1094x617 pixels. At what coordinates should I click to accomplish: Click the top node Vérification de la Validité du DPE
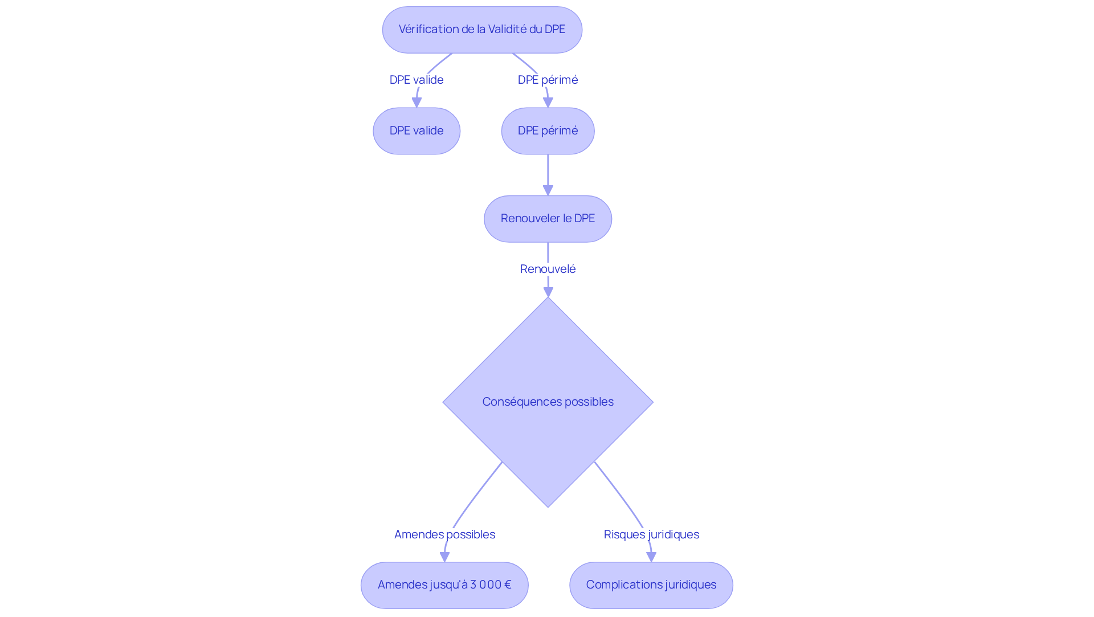click(x=482, y=30)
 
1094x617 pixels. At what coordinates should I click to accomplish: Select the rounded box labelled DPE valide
click(x=417, y=131)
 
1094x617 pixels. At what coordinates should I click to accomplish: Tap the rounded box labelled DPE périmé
click(x=548, y=131)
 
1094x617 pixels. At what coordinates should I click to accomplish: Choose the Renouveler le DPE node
click(x=548, y=219)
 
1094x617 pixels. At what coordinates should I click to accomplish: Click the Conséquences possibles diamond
click(x=548, y=402)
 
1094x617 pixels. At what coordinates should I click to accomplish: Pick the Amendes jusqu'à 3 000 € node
click(x=444, y=585)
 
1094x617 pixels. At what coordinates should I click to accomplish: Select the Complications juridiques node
click(x=651, y=585)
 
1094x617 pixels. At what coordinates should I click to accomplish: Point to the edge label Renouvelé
click(x=548, y=269)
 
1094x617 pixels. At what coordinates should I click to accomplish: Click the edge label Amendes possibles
click(x=444, y=534)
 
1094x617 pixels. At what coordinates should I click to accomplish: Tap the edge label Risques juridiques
click(x=651, y=534)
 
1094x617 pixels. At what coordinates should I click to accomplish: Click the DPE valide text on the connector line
click(x=417, y=80)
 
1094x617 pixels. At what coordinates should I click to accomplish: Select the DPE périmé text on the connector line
click(x=548, y=80)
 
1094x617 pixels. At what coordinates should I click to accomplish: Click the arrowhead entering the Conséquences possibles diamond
click(x=548, y=292)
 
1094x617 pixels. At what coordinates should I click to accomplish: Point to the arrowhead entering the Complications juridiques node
click(x=651, y=557)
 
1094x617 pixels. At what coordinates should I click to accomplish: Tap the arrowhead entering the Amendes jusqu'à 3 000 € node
click(x=444, y=557)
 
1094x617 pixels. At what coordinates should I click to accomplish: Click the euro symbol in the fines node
click(x=508, y=585)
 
